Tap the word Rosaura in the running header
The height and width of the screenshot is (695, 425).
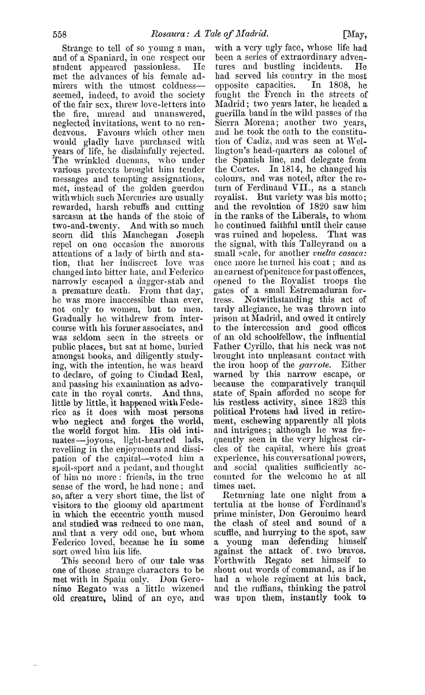pyautogui.click(x=167, y=33)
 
